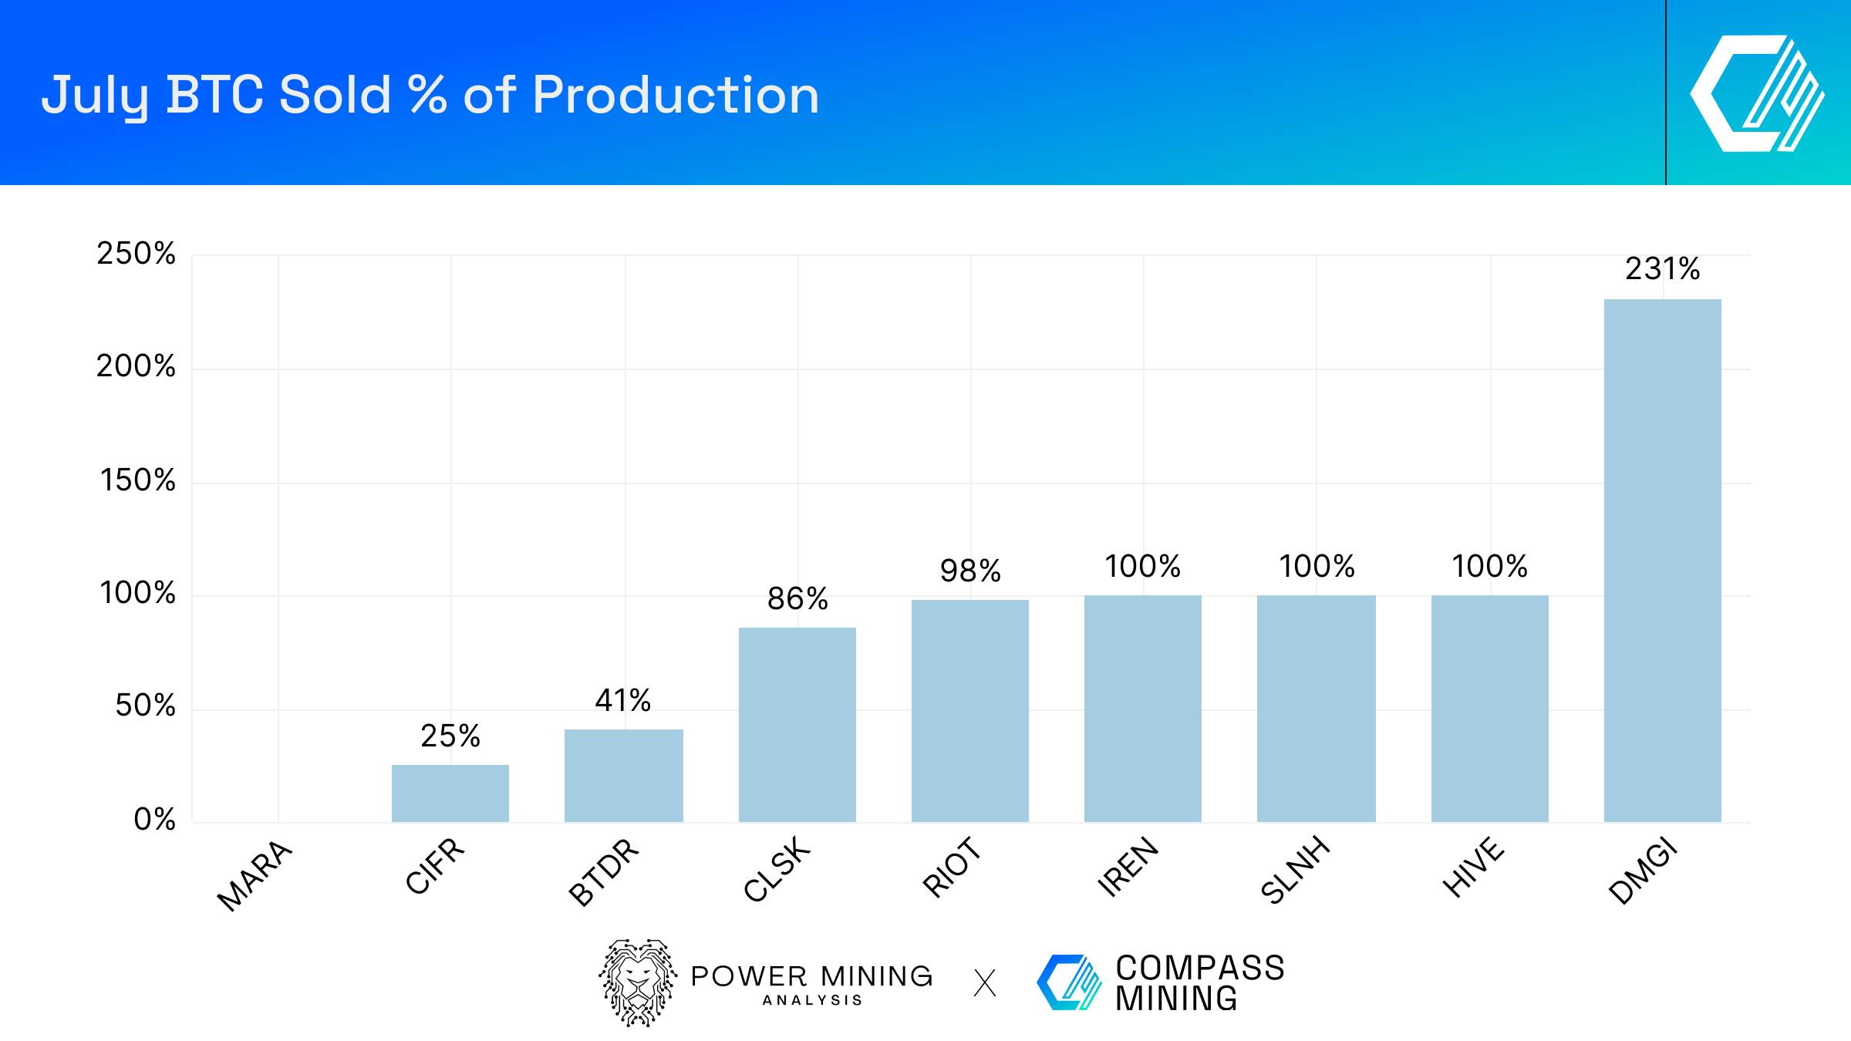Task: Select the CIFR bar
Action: click(450, 793)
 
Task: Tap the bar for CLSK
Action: click(797, 725)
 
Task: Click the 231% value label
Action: click(1662, 269)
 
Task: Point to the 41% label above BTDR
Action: click(623, 701)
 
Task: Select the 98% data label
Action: click(969, 571)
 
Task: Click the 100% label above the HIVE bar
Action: click(1489, 567)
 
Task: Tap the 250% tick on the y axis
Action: click(137, 254)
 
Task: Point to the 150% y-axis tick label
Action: click(138, 480)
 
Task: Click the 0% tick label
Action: click(154, 820)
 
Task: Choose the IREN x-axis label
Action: click(1128, 867)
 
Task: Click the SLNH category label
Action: click(1296, 870)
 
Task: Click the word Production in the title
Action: click(675, 96)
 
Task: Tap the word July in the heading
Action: click(95, 96)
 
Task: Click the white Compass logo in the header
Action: click(1757, 93)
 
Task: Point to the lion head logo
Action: click(638, 982)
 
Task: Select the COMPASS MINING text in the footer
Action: click(1199, 982)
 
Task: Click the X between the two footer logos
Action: click(985, 983)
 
